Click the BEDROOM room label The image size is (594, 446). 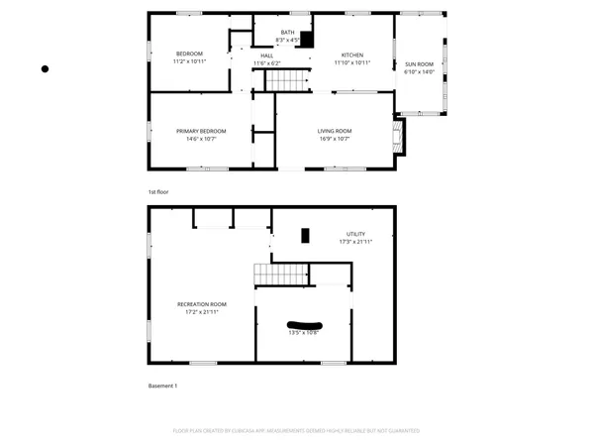click(x=190, y=54)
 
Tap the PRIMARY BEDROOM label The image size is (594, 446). click(x=202, y=131)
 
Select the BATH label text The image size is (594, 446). click(x=287, y=33)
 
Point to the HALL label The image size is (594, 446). click(x=266, y=56)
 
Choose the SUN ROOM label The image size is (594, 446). click(x=420, y=64)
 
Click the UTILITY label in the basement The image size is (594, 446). click(x=354, y=233)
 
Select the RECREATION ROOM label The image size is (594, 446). click(x=202, y=304)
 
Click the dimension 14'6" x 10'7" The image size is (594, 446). click(x=202, y=139)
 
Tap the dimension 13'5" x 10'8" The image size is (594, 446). click(x=304, y=332)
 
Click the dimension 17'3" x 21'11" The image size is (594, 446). click(x=354, y=241)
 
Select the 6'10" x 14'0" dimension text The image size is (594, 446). click(x=420, y=72)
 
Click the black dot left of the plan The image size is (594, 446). click(x=45, y=68)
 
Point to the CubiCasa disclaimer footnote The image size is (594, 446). click(x=297, y=431)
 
